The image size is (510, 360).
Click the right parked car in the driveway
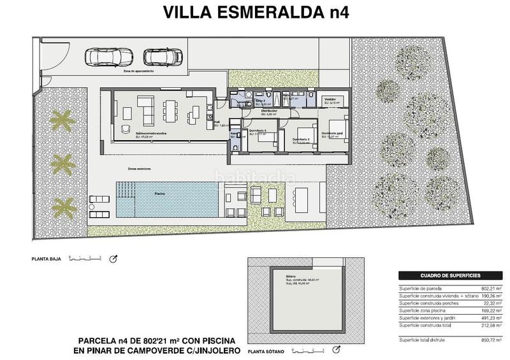point(156,57)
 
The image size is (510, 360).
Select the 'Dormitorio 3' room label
point(257,131)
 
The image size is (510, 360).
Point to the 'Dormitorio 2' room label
point(301,139)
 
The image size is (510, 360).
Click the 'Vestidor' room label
point(331,100)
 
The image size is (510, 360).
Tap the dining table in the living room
point(170,110)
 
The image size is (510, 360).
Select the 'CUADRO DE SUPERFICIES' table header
point(450,276)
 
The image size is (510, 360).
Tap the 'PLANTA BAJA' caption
point(45,260)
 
